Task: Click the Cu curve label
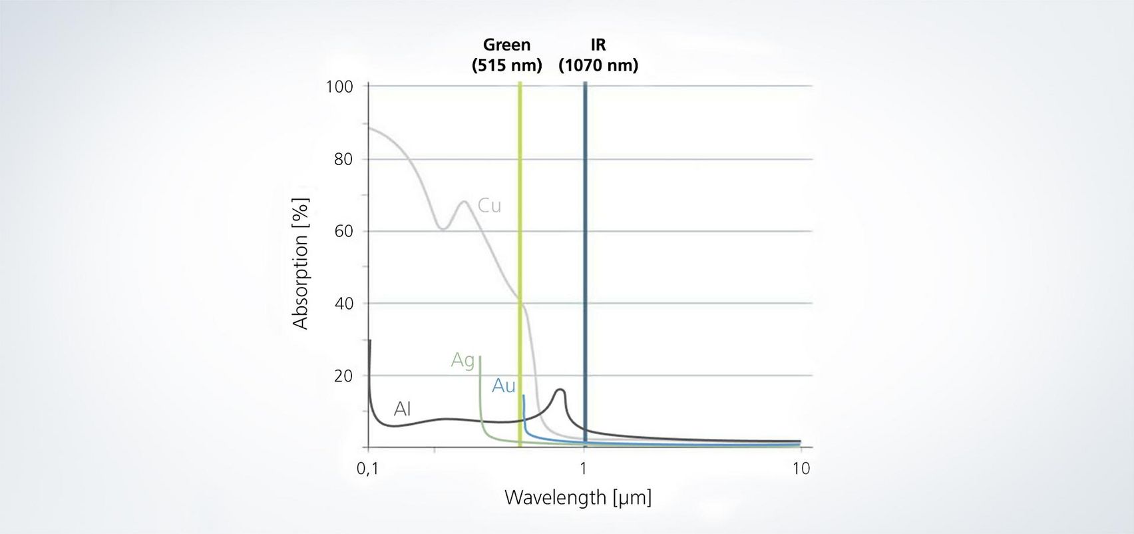489,206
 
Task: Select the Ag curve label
463,360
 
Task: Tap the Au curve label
504,386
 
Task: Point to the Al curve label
402,409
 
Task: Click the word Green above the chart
506,45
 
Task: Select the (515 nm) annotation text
506,65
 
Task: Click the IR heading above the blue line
598,45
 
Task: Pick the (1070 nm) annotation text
598,65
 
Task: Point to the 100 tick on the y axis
339,87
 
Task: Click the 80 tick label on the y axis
343,159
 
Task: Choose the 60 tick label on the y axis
343,232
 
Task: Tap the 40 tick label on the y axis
343,304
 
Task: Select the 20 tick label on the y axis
343,376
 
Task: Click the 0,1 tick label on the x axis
367,469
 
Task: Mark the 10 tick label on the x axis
801,469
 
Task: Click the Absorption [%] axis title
301,264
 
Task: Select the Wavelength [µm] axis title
578,497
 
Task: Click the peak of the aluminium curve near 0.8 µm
560,390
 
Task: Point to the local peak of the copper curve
464,201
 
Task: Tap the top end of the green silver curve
480,358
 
